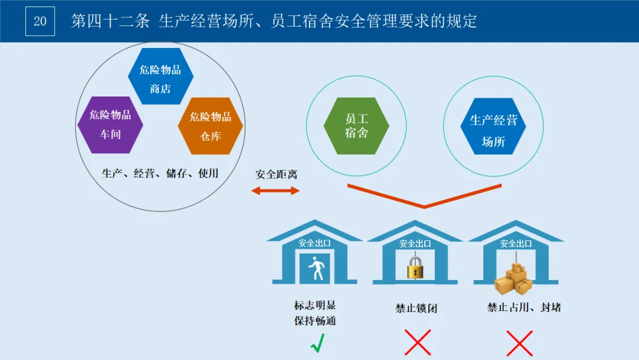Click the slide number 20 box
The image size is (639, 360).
point(40,21)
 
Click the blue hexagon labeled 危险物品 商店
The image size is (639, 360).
point(160,76)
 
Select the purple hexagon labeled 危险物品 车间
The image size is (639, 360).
point(110,125)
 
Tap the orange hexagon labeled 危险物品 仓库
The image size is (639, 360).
point(211,126)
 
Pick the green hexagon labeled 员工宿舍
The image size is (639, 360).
point(356,126)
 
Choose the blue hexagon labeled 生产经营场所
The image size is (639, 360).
point(493,131)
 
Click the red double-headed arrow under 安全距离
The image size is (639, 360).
point(275,191)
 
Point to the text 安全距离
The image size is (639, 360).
point(276,175)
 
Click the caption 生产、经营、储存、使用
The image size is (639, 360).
point(160,173)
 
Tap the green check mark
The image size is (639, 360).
point(317,343)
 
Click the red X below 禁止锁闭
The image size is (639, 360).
point(417,343)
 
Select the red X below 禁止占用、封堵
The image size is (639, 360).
point(519,343)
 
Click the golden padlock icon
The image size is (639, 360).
point(416,268)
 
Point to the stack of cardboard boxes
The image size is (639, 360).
point(514,279)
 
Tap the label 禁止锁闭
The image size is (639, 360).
point(417,308)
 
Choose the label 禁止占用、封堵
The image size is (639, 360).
point(516,307)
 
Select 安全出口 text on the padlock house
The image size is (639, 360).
point(415,243)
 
